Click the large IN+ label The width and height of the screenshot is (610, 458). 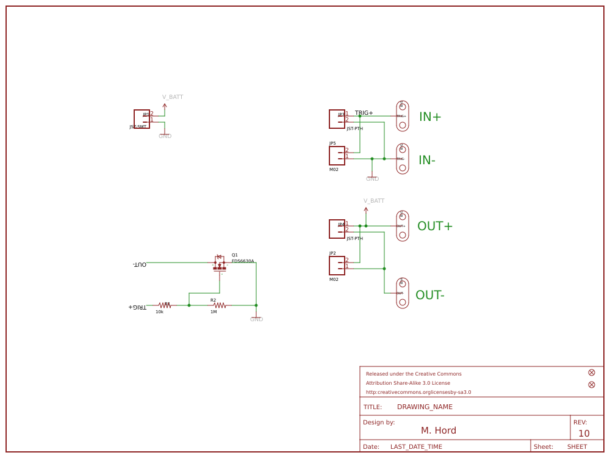[429, 117]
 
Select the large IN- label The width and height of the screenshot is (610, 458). [426, 161]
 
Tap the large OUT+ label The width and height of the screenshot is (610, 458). [434, 227]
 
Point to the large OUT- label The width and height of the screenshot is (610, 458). [429, 296]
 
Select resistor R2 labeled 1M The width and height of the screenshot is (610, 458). [220, 305]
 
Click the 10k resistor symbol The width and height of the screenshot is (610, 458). [164, 305]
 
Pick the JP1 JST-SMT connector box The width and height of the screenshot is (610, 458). [142, 119]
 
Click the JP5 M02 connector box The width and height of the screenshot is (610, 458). [337, 156]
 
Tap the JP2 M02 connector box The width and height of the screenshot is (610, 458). [337, 266]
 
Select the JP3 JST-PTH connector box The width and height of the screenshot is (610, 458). [337, 119]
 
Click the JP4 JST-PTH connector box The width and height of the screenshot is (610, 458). [337, 229]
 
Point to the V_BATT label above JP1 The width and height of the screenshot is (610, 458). [172, 97]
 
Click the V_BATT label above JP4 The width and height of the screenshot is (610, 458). [373, 201]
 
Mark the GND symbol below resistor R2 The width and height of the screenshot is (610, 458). [256, 318]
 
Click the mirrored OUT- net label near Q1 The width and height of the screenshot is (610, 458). [140, 264]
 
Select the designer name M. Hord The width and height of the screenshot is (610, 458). [438, 431]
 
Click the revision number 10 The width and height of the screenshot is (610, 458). [584, 434]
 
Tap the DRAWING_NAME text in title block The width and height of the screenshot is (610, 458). [425, 407]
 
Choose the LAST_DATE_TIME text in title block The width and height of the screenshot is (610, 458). [416, 447]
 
